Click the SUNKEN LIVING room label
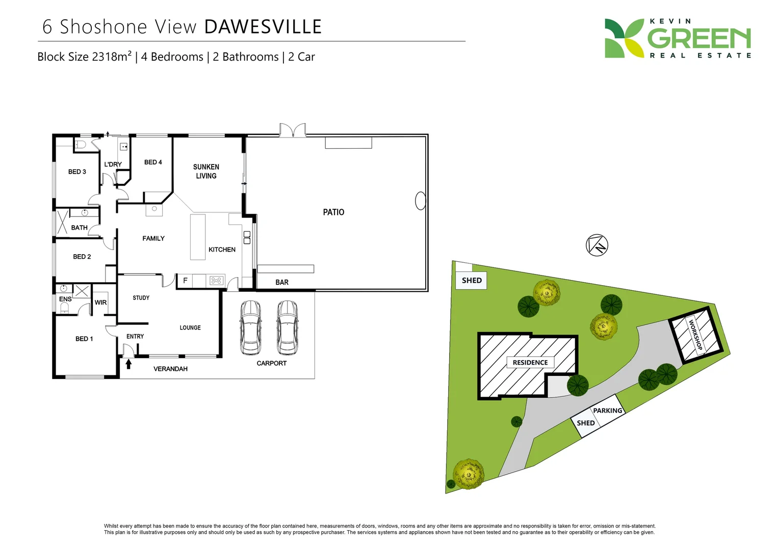click(206, 171)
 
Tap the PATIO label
click(333, 212)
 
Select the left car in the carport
click(250, 327)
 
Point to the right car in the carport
click(287, 327)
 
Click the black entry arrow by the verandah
click(128, 364)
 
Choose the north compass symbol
click(596, 245)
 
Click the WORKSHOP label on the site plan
click(695, 334)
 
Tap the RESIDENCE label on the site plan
click(530, 363)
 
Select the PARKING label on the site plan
click(607, 410)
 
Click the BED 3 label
click(77, 172)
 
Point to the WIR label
click(100, 302)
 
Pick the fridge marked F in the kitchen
click(185, 281)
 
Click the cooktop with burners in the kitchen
click(216, 281)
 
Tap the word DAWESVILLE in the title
click(263, 27)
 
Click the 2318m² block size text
click(112, 57)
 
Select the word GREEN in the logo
click(699, 39)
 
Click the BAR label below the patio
click(282, 282)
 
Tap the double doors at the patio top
click(293, 130)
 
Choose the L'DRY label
click(113, 164)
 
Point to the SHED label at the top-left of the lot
click(472, 281)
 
